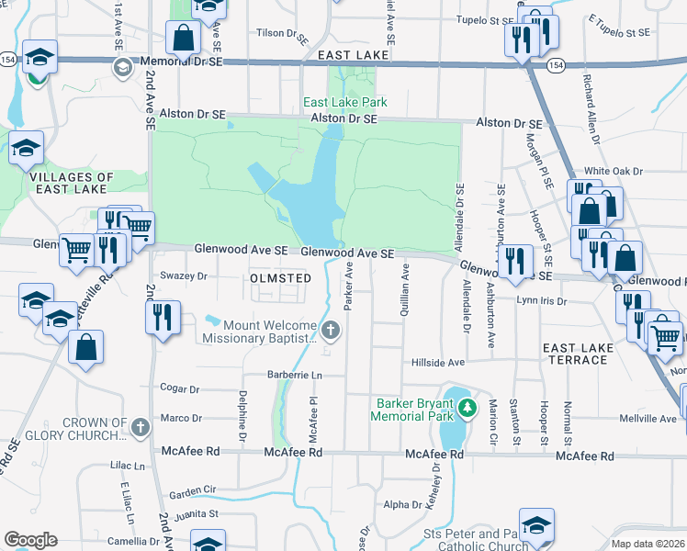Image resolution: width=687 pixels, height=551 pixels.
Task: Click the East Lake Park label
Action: click(345, 102)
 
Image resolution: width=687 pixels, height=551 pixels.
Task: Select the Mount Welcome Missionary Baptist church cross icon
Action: click(332, 330)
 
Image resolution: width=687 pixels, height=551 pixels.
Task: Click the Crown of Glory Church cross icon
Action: click(140, 427)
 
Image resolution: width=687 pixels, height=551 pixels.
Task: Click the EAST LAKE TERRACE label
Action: click(575, 354)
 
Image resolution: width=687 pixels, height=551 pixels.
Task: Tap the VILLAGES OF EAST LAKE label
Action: click(71, 183)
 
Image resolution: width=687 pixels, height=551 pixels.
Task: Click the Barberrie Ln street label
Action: click(294, 375)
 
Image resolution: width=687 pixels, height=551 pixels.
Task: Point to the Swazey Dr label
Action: click(186, 275)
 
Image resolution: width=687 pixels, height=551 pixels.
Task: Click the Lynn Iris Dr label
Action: click(540, 300)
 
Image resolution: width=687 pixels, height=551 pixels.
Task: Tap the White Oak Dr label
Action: click(614, 171)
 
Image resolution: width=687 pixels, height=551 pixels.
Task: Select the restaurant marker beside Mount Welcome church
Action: click(163, 318)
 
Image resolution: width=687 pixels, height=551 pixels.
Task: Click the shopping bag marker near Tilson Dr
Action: click(183, 38)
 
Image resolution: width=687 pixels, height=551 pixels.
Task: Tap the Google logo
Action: click(31, 540)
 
